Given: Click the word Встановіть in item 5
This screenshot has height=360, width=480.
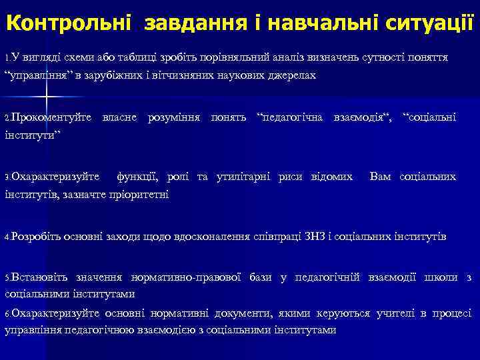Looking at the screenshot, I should point(37,277).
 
